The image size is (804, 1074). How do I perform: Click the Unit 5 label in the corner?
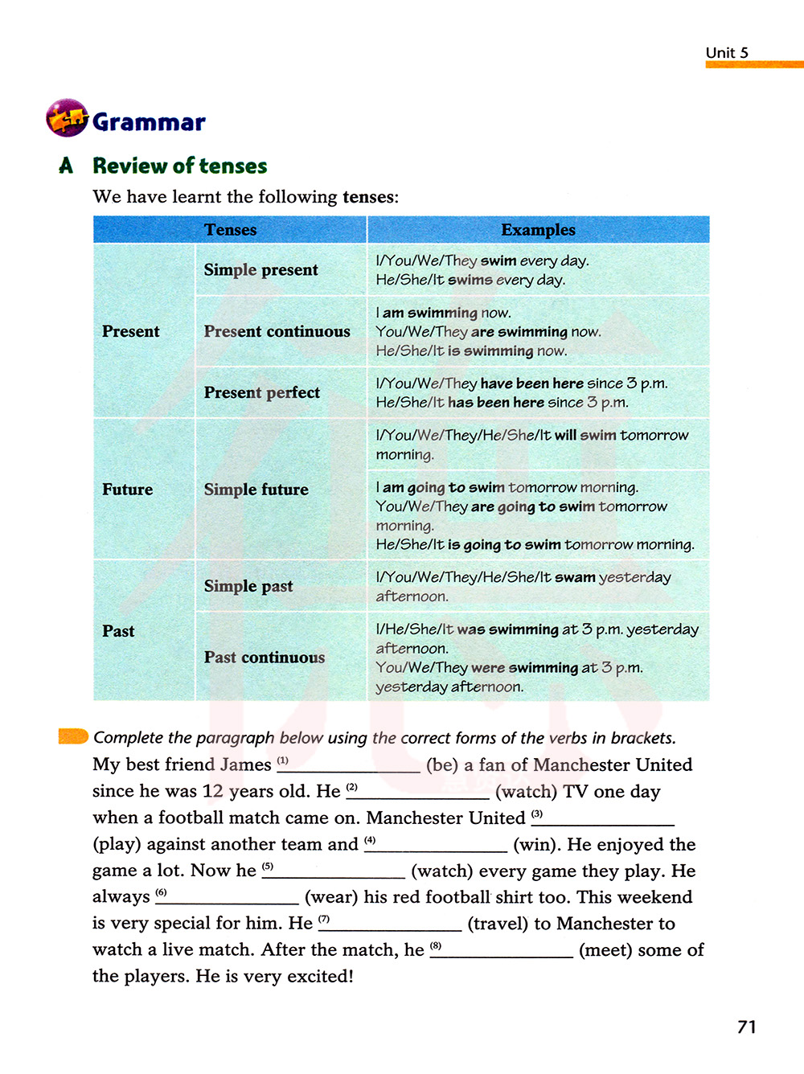click(727, 53)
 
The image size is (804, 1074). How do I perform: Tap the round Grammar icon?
click(67, 118)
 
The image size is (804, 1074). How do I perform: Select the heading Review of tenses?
click(179, 166)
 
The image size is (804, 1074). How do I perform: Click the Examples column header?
click(538, 230)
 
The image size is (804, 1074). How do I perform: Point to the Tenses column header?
click(230, 230)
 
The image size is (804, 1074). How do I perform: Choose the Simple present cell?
click(260, 270)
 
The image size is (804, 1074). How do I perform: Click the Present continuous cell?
click(277, 331)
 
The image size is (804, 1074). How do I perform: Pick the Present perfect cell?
click(261, 392)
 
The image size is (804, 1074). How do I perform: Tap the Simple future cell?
click(256, 490)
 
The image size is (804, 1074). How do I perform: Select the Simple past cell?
click(248, 586)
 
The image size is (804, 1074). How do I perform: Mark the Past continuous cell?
click(264, 657)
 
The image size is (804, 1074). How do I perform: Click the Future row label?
click(127, 490)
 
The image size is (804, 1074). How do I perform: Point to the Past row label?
click(118, 631)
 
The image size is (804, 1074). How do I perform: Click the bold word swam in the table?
click(575, 577)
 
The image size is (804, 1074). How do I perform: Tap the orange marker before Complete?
click(73, 736)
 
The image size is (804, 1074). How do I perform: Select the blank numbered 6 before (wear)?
click(229, 898)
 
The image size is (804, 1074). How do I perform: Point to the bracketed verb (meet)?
click(605, 950)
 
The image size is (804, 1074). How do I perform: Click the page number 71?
click(746, 1027)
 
